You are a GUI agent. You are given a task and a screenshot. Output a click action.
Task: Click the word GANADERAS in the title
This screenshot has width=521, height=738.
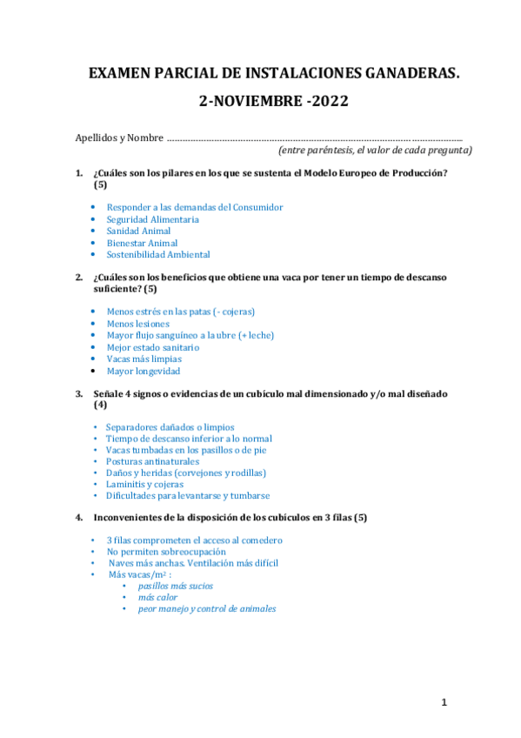coord(404,77)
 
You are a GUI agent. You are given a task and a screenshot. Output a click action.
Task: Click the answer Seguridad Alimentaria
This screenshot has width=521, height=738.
coord(152,219)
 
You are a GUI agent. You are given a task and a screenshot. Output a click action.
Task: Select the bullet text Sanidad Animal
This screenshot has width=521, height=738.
coord(138,231)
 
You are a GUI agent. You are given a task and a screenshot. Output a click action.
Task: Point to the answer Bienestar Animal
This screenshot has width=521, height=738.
coord(142,244)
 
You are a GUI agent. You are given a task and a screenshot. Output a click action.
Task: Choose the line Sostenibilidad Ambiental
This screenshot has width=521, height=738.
coord(158,255)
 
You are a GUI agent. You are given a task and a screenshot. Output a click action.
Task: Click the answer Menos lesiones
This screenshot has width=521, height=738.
coord(138,323)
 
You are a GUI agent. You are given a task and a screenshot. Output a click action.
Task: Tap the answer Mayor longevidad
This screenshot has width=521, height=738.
coord(144,371)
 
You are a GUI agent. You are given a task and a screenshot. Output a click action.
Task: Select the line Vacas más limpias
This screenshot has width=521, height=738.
coord(144,359)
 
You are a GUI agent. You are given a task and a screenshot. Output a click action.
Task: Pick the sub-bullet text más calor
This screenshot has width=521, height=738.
coord(157,598)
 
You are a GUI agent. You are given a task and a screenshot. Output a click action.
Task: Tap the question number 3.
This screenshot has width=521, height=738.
coord(79,393)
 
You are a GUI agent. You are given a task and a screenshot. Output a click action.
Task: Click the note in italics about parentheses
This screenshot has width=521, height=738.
coord(375,150)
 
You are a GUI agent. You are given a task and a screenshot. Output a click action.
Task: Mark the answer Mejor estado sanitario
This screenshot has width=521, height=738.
coord(152,347)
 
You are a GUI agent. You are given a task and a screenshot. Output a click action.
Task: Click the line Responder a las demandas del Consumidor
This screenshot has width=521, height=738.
coord(194,207)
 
